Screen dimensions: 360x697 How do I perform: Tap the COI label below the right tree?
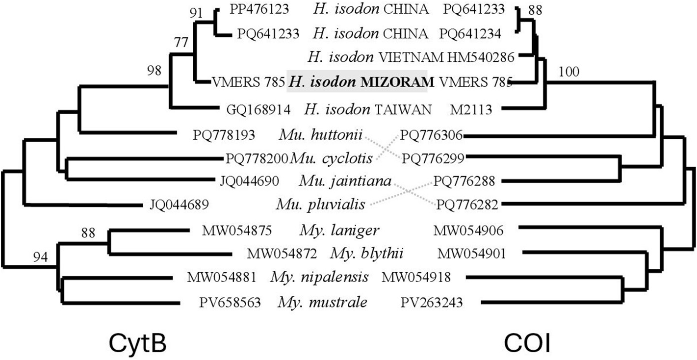(527, 344)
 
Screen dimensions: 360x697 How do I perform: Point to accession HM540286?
(481, 57)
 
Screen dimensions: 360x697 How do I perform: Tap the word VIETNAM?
(411, 57)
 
